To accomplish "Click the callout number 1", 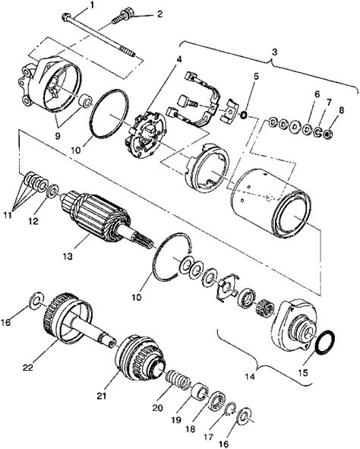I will [x=93, y=5].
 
